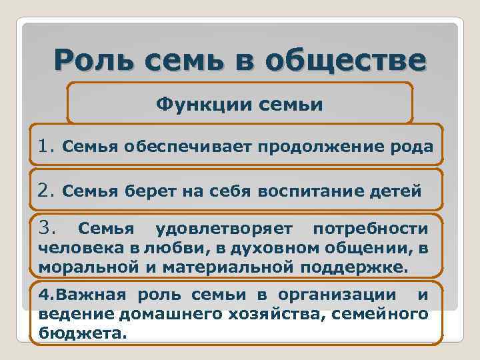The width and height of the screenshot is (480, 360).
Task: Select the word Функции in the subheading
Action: click(x=194, y=104)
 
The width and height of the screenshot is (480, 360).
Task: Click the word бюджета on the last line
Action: click(x=81, y=332)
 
